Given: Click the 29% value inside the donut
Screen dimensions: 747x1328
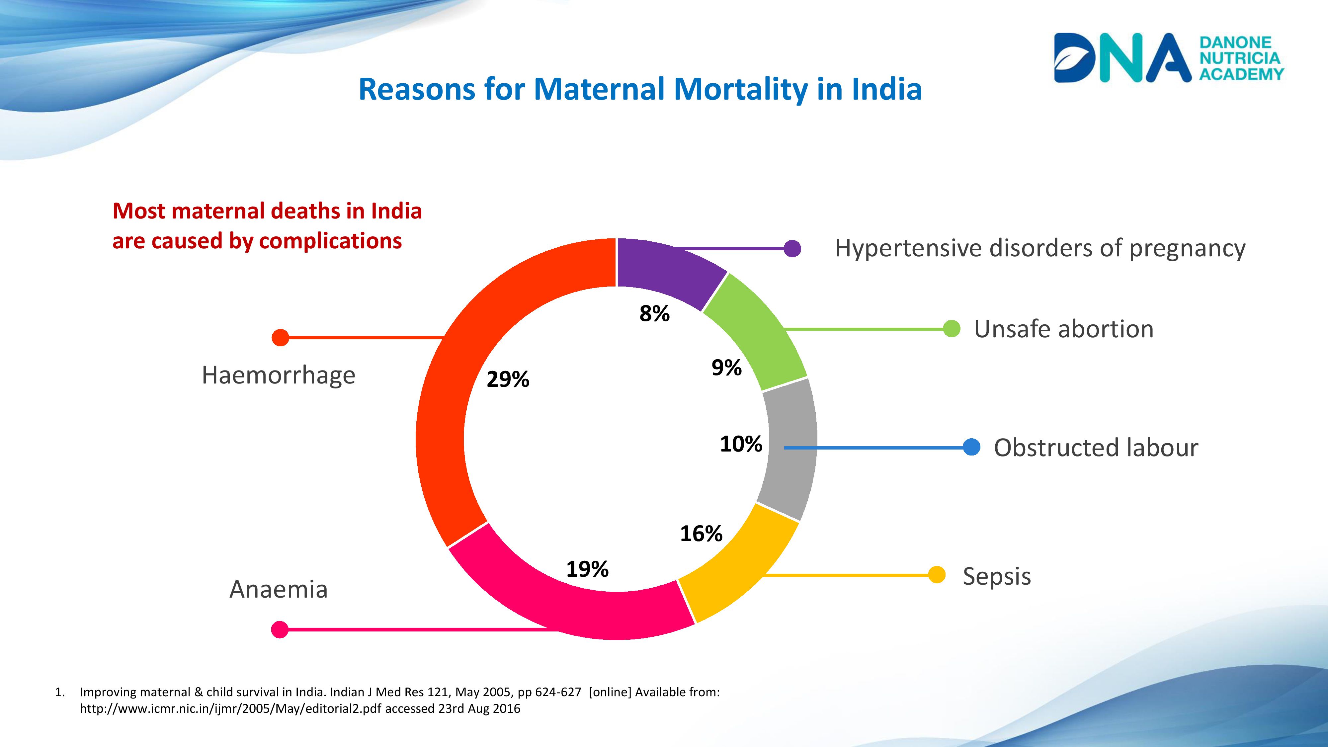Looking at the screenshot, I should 508,379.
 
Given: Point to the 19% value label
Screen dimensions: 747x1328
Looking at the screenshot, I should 587,569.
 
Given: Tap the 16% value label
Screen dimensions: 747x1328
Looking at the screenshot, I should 701,534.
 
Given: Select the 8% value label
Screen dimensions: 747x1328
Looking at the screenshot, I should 654,313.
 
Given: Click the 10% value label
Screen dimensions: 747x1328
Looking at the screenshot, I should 741,444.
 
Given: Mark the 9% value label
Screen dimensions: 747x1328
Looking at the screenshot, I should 726,368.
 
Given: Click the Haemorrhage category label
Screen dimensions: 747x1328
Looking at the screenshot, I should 279,375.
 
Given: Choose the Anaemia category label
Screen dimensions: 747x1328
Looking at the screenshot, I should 279,589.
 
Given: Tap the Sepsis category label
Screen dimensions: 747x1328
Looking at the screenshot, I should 997,576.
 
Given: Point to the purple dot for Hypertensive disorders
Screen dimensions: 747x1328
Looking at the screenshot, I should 792,248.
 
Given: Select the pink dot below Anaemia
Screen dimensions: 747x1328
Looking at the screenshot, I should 280,629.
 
